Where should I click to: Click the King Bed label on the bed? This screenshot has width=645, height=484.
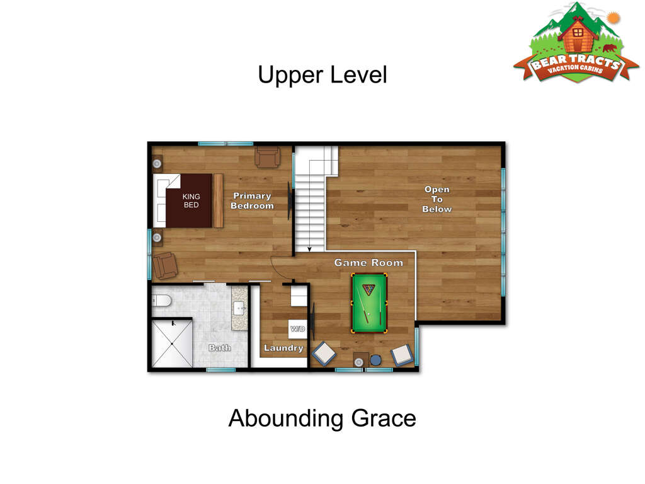pos(191,201)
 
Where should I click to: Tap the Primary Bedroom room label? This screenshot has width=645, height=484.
pos(252,201)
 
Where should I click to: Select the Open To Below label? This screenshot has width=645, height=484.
pos(437,199)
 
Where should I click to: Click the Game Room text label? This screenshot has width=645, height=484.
pos(368,263)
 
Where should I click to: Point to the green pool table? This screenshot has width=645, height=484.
pos(369,303)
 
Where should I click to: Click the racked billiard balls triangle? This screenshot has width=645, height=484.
pos(369,289)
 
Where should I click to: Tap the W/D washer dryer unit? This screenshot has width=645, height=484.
pos(297,329)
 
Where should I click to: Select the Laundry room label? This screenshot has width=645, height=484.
pos(283,348)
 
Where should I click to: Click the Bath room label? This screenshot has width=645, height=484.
pos(220,348)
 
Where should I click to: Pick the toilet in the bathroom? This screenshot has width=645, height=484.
pos(162,301)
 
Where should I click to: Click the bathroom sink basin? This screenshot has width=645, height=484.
pos(239,308)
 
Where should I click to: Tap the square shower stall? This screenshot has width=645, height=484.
pos(172,343)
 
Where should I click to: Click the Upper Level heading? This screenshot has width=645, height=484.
pos(322,76)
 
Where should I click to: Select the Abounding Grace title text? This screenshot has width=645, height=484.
pos(322,418)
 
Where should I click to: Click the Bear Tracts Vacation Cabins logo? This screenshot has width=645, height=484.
pos(576,43)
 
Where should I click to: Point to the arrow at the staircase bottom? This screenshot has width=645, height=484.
pos(309,248)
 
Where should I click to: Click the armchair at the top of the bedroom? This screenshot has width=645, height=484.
pos(267,157)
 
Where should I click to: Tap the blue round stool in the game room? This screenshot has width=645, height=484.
pos(375,360)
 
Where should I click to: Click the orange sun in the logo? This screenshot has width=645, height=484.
pos(614,18)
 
